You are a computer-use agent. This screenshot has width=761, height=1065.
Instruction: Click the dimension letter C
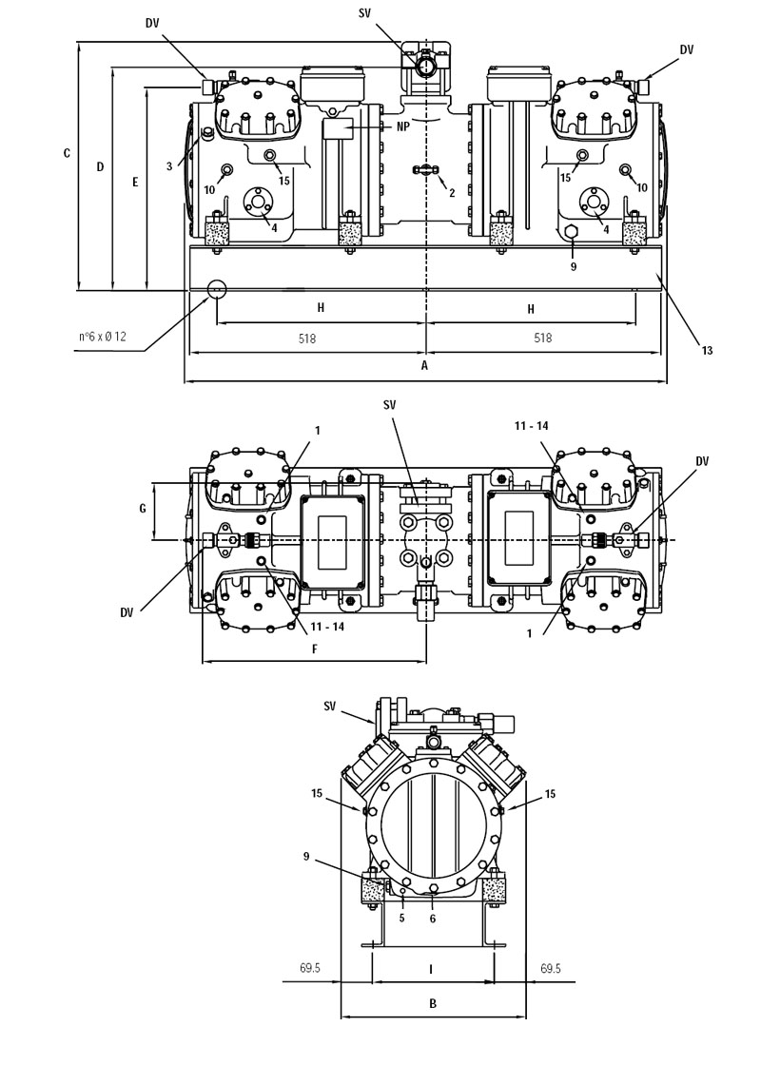(x=67, y=153)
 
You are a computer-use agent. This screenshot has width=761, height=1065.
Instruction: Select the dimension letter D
(x=100, y=166)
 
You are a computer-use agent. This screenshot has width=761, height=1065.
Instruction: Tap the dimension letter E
(x=135, y=182)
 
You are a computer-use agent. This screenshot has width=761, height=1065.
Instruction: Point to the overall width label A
(x=424, y=365)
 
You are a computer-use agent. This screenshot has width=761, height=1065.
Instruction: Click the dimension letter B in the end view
(x=433, y=1003)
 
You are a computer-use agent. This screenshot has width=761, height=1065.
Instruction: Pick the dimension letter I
(x=431, y=969)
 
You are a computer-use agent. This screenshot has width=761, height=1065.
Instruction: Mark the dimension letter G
(x=143, y=508)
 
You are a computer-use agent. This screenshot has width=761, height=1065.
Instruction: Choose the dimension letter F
(x=315, y=649)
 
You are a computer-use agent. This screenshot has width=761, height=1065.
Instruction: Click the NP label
(x=403, y=126)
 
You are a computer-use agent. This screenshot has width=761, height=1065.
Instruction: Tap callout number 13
(x=708, y=350)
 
